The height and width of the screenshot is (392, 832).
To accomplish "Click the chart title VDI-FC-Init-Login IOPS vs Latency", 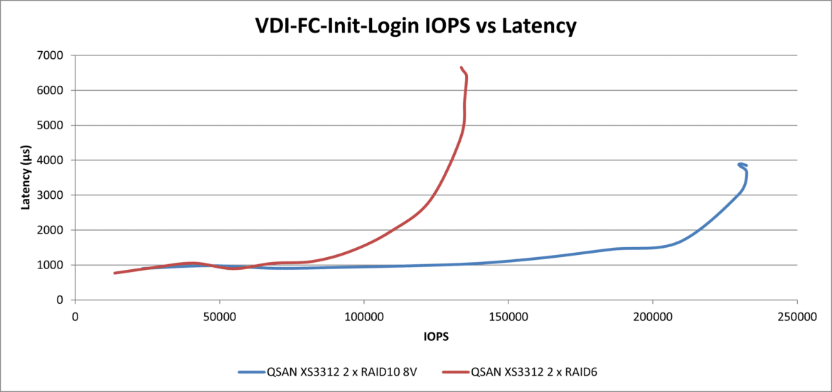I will pyautogui.click(x=415, y=26).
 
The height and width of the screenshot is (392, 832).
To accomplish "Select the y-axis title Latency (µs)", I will pyautogui.click(x=26, y=178).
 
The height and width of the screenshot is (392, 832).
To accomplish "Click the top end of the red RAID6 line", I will pyautogui.click(x=462, y=67).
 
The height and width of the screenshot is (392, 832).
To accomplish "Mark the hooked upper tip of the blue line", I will pyautogui.click(x=740, y=165).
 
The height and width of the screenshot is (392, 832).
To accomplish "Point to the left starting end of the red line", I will pyautogui.click(x=115, y=273).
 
